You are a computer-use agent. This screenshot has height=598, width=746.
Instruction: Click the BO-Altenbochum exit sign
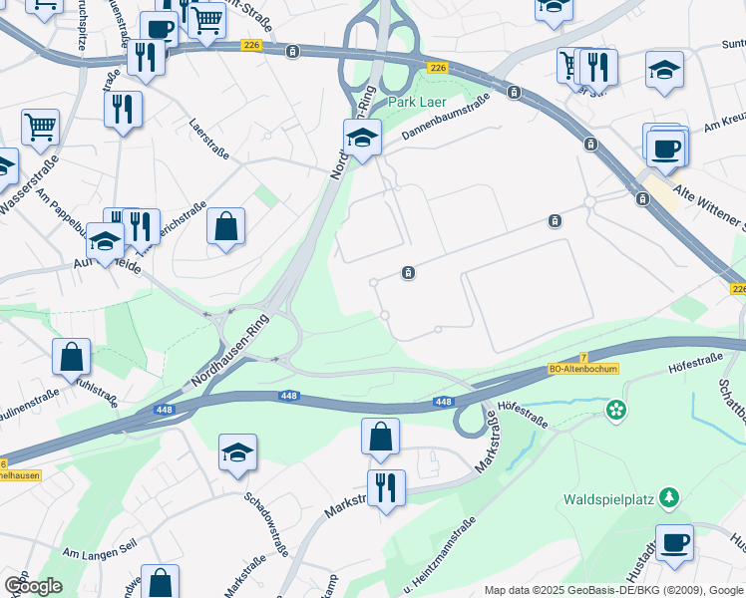coord(583,369)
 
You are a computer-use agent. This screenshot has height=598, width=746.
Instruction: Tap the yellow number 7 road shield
coord(582,357)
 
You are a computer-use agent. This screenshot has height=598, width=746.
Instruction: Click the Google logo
coord(33,585)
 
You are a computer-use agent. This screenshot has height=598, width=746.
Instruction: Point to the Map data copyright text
coord(613,591)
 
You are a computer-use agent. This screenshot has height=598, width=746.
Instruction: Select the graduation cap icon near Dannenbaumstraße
coord(362,137)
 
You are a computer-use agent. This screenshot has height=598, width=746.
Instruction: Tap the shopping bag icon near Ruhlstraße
coord(72,356)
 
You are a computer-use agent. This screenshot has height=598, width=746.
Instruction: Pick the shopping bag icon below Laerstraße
coord(226,226)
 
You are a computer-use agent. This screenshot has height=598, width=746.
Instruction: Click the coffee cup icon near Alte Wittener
coord(665,149)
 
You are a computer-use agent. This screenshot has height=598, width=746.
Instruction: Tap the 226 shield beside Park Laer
coord(437,68)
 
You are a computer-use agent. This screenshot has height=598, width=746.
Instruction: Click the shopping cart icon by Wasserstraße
coord(39,127)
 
